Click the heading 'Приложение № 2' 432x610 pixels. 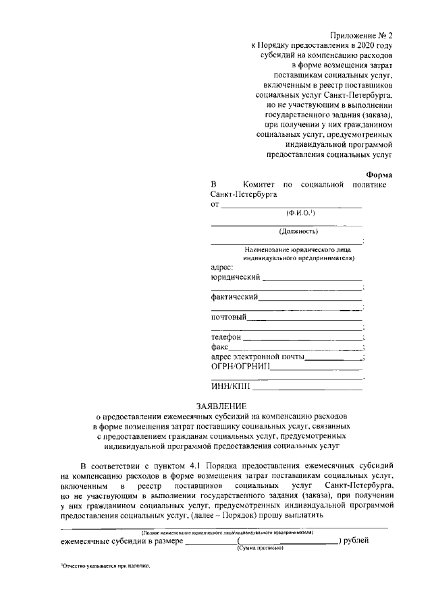coord(361,34)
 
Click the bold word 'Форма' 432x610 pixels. coord(379,174)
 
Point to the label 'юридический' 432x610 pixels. coord(236,277)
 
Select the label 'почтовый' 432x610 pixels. coord(228,317)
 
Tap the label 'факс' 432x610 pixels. coord(220,347)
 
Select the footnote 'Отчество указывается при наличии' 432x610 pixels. coord(105,566)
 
